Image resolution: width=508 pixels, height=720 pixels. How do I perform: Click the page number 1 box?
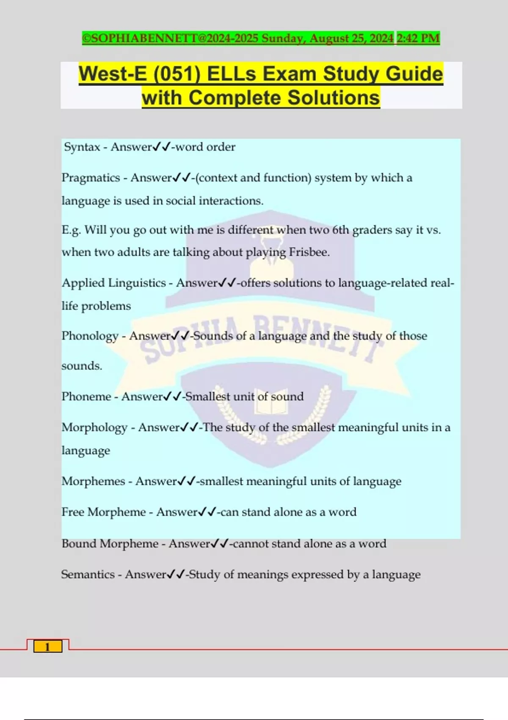pos(48,646)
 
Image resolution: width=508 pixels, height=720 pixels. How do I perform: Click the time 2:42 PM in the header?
pos(418,39)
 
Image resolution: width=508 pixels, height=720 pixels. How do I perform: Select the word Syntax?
pos(82,147)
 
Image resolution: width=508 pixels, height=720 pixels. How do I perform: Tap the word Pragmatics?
pos(91,178)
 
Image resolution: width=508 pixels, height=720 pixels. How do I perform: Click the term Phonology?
pos(90,336)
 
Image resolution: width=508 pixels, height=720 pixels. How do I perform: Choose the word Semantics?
pos(88,575)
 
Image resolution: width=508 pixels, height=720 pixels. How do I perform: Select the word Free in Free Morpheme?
pos(73,512)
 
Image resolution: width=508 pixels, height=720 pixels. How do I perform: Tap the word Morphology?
pos(94,428)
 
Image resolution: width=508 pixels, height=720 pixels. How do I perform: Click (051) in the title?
pos(177,74)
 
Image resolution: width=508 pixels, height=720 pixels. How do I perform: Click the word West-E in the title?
pos(113,74)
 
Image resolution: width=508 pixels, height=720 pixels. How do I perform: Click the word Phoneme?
pos(86,397)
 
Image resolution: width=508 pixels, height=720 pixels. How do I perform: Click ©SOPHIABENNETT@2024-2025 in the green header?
pos(170,39)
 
